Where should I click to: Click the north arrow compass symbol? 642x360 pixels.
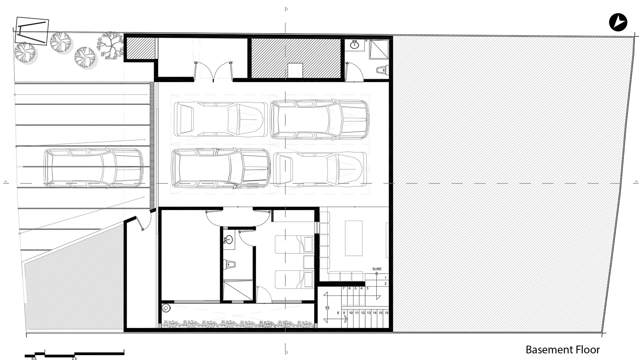pos(618,22)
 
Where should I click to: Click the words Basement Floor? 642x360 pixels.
pos(562,350)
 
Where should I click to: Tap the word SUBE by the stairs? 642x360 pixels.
pos(377,269)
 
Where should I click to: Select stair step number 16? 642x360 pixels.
pos(386,313)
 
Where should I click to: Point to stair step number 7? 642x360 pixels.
pos(343,288)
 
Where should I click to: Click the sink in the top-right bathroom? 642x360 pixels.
pos(355,46)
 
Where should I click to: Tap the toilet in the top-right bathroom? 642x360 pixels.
pos(382,70)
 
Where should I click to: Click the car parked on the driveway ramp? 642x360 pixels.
pos(94,168)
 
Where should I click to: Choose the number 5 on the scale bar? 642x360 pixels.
pos(124,351)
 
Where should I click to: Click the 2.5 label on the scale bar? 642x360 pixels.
pos(74,358)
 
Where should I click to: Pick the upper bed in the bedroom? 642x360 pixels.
pos(294,244)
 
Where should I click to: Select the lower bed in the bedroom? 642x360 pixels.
pos(294,280)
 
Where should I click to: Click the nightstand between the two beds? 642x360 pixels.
pos(309,262)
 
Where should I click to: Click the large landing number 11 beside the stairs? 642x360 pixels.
pos(327,308)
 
